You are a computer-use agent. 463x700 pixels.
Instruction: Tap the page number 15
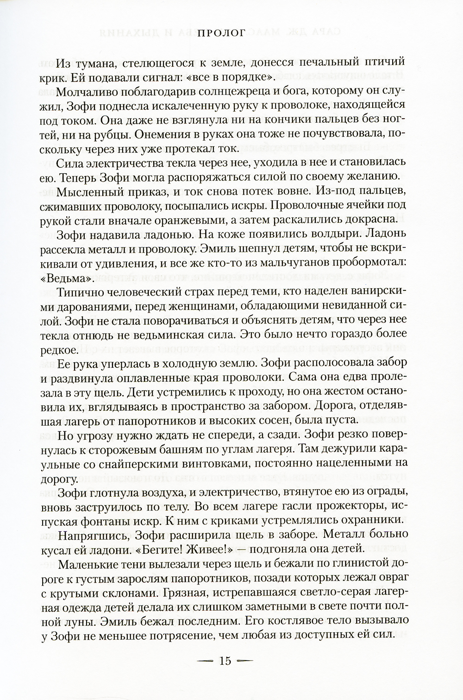[x=225, y=661]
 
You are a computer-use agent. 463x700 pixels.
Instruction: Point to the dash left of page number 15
[x=206, y=661]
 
